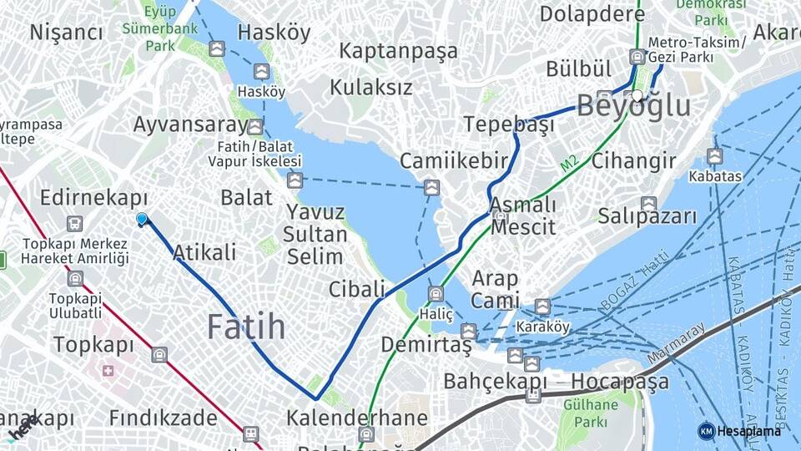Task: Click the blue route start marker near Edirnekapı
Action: coord(142,220)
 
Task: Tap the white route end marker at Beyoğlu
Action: coord(637,96)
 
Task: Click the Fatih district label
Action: coord(246,327)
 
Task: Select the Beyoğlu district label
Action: coord(634,107)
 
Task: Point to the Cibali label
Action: coord(356,290)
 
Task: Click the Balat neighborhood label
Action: coord(246,198)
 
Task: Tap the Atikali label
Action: coord(204,252)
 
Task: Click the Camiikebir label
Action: coord(454,161)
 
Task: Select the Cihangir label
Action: coord(633,161)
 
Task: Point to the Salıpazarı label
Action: coord(647,216)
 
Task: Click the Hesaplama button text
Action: coord(748,431)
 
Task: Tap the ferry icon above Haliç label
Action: coord(436,293)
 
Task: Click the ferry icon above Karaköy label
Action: coord(542,307)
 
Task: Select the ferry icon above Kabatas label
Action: coord(714,156)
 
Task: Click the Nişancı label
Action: coord(66,33)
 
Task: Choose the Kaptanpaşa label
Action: coord(398,51)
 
